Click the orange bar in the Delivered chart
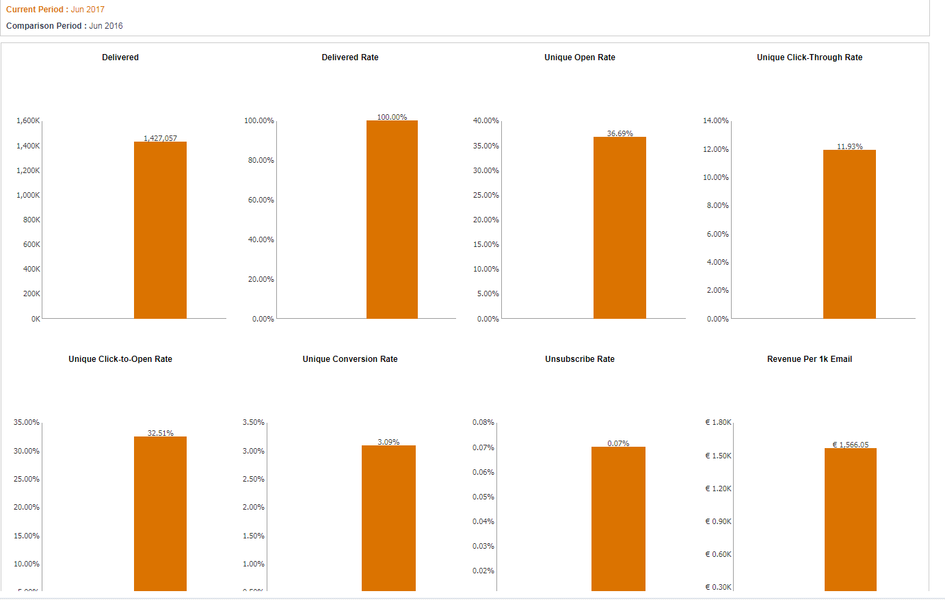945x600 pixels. (x=160, y=230)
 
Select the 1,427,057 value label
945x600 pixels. (x=160, y=138)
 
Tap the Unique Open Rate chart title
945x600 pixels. (x=579, y=57)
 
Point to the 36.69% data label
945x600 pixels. (x=620, y=133)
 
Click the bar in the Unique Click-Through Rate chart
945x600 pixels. (x=849, y=234)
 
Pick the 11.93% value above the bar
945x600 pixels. (x=849, y=146)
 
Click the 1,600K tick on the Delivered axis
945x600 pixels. (x=28, y=120)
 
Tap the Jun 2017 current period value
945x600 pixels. (x=88, y=10)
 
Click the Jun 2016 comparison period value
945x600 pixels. (x=106, y=26)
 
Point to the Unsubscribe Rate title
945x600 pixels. (x=579, y=359)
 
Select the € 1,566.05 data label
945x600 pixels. (x=850, y=445)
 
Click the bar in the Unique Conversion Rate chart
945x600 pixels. (x=388, y=518)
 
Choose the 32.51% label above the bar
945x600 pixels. (x=160, y=433)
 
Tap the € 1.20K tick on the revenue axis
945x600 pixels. (x=718, y=488)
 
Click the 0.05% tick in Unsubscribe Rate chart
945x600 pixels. (x=483, y=497)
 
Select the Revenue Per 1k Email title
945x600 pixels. (x=809, y=359)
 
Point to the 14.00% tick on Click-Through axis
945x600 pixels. (x=715, y=120)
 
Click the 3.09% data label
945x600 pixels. (x=388, y=442)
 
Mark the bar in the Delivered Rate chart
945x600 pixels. (x=392, y=219)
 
